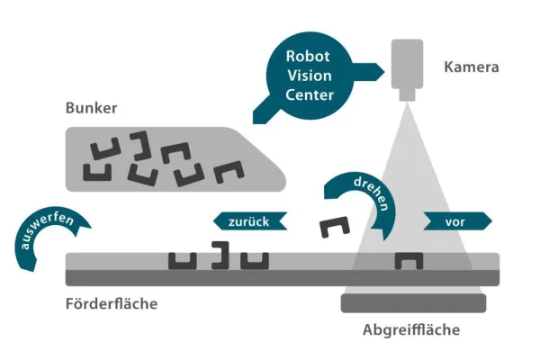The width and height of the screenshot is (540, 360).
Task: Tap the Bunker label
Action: tap(92, 109)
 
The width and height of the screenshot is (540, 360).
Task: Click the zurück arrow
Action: tap(250, 220)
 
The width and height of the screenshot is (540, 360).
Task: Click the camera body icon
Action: tap(410, 64)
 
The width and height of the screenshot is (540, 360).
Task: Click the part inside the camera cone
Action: tap(409, 260)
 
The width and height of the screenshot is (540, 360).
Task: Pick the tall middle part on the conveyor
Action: tap(220, 256)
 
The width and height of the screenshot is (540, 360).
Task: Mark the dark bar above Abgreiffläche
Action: tap(413, 302)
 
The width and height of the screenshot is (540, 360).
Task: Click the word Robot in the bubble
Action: tap(307, 55)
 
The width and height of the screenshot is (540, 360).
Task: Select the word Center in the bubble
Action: tap(307, 94)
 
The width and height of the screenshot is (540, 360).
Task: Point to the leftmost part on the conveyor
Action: tap(182, 259)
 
